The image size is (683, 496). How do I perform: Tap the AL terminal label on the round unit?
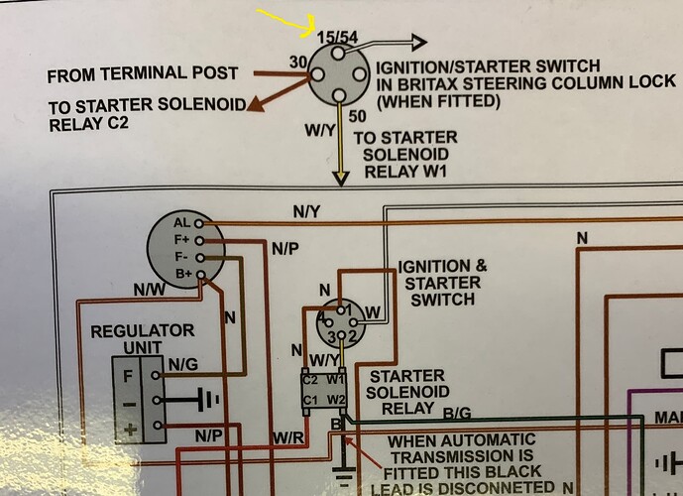181,223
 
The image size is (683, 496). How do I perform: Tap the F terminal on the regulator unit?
127,375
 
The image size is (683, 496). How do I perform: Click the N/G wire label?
183,364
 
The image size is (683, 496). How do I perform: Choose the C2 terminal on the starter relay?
309,378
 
